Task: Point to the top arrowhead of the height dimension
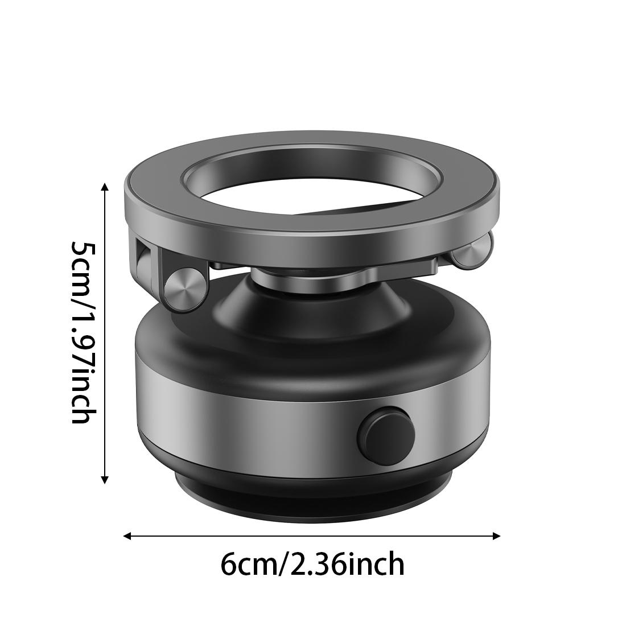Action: [x=105, y=187]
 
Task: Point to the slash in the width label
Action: [x=284, y=565]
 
